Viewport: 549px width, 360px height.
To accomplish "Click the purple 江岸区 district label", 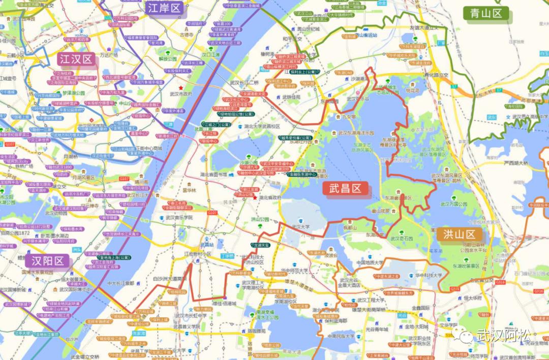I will coord(164,8).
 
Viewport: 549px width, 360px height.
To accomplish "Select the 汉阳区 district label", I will coord(49,261).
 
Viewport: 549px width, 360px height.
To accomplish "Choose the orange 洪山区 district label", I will coord(459,234).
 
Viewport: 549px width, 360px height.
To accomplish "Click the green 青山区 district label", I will coord(485,13).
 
